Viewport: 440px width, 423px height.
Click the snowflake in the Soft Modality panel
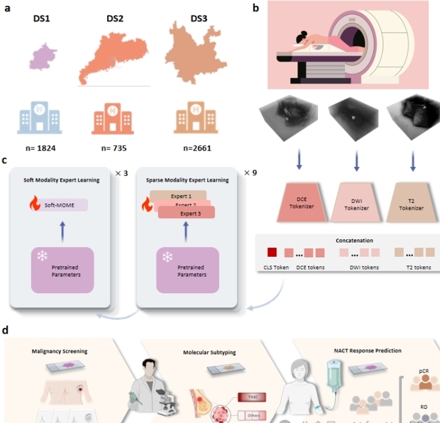[42, 255]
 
